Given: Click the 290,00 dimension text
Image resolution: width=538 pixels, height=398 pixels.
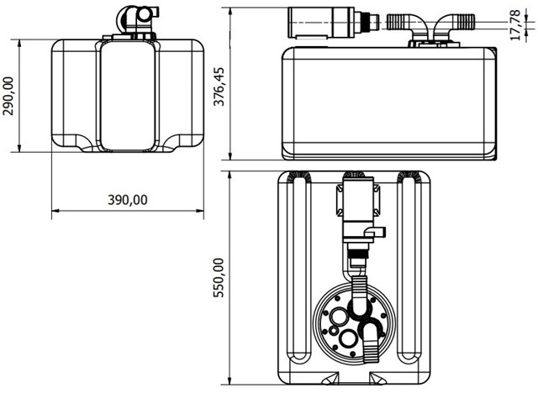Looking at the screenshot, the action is pyautogui.click(x=8, y=96).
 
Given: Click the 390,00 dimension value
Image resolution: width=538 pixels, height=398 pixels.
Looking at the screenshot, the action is pyautogui.click(x=128, y=200).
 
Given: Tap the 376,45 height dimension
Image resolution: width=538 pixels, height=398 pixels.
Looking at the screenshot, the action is pyautogui.click(x=219, y=86).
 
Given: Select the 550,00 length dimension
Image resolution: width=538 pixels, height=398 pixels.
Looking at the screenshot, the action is pyautogui.click(x=219, y=278).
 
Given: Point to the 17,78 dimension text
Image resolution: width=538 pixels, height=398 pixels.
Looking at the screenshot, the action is pyautogui.click(x=515, y=25).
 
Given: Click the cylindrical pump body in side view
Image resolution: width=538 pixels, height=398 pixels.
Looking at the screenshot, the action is pyautogui.click(x=321, y=23).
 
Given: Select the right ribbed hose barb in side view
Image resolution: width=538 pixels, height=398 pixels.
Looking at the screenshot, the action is pyautogui.click(x=463, y=22).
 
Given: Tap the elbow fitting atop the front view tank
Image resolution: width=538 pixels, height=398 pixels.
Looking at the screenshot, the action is pyautogui.click(x=137, y=18).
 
